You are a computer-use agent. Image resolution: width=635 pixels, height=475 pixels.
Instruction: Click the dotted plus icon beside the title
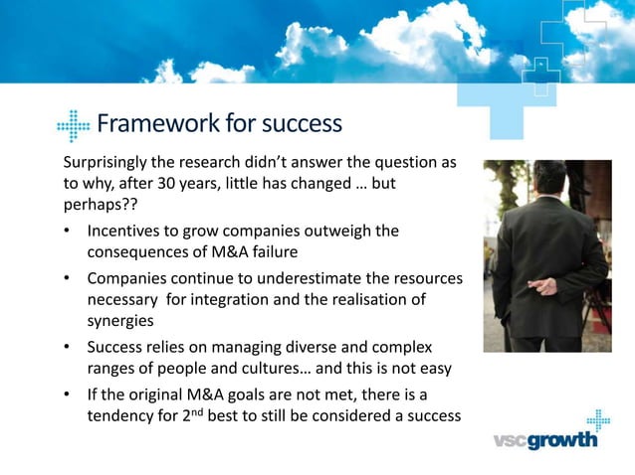click(74, 125)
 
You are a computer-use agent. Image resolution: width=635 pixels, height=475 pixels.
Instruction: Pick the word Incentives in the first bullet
click(125, 232)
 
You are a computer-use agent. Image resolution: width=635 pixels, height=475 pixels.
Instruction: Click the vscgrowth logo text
click(547, 439)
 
